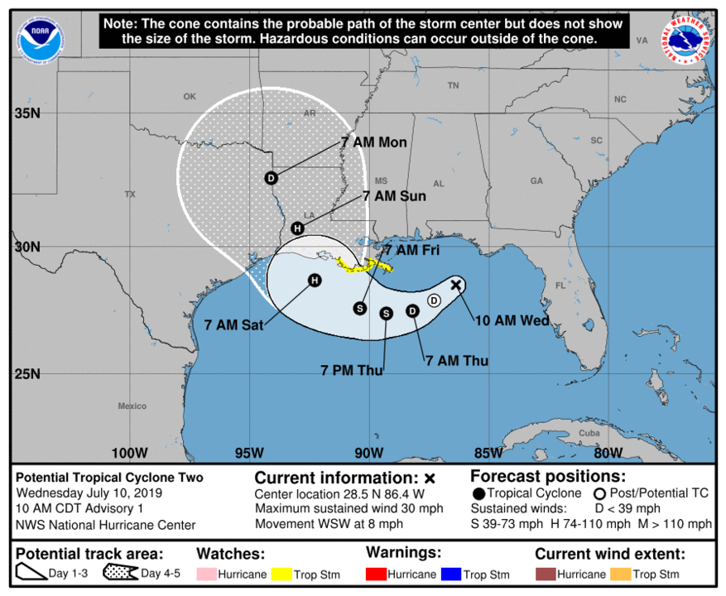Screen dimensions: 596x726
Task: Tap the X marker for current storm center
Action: [x=455, y=285]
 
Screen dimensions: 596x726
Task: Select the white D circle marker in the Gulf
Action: [x=434, y=300]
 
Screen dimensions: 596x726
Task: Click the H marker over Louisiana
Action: [x=298, y=228]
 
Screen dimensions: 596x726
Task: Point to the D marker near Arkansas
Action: [x=271, y=178]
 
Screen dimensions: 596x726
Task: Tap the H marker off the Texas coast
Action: [x=315, y=281]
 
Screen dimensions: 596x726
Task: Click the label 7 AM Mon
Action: [x=373, y=142]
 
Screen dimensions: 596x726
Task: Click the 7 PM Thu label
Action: [x=352, y=370]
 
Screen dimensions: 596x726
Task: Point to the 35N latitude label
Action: [x=26, y=113]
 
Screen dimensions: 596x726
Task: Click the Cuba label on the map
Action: [x=589, y=434]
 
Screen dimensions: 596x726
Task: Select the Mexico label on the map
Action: [x=132, y=406]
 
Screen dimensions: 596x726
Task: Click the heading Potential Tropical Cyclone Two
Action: [x=110, y=478]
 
